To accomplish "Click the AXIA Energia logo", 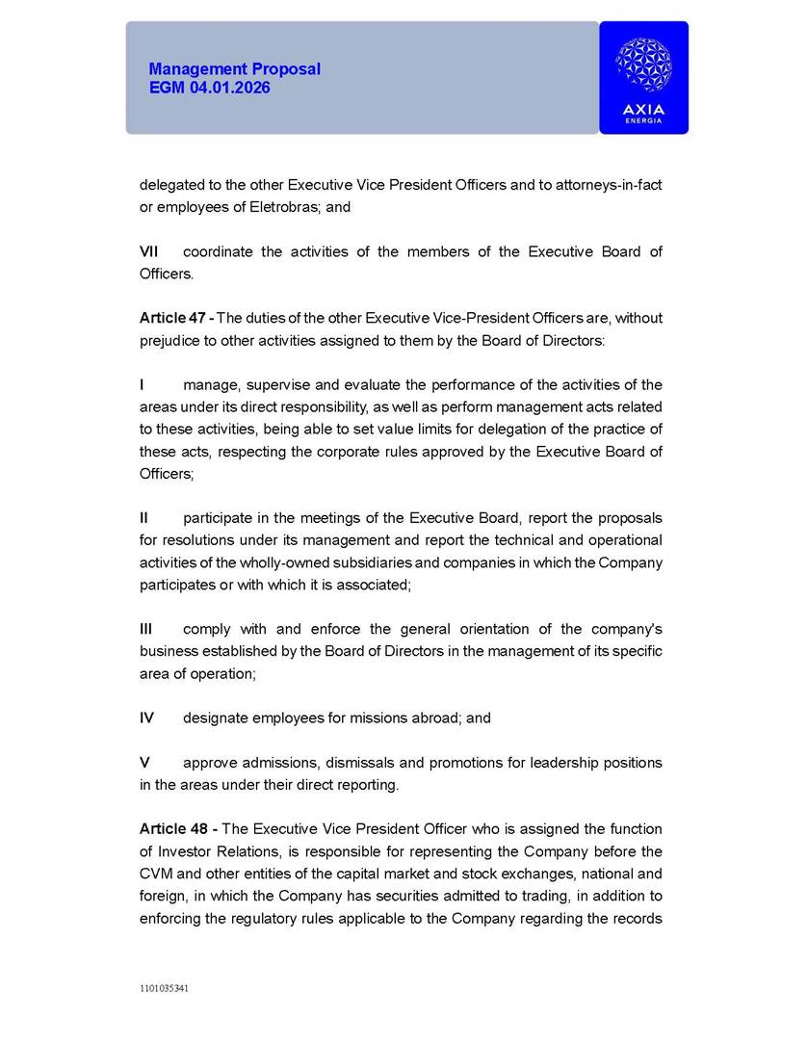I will point(643,78).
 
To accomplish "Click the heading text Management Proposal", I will point(235,69).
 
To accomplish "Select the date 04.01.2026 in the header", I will point(236,88).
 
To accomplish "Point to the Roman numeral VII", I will point(149,251).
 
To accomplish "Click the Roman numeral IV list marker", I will point(146,718).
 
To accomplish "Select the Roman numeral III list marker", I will point(146,629).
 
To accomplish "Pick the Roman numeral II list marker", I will point(144,518).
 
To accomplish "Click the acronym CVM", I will point(157,874).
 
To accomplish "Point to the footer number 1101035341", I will point(165,988).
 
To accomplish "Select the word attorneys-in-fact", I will point(609,184).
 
